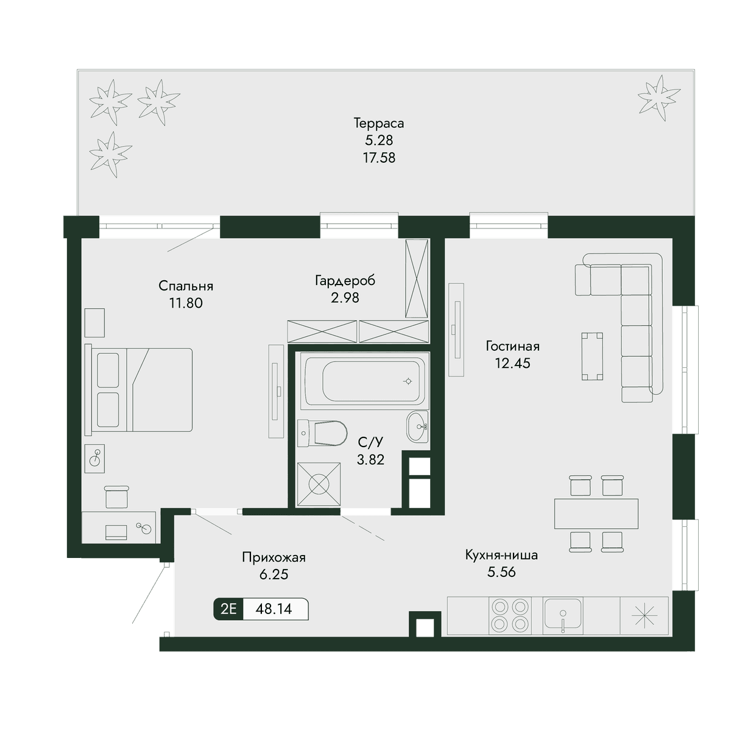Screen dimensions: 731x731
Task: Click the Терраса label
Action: pyautogui.click(x=378, y=123)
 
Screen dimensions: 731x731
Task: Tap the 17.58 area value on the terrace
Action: pyautogui.click(x=379, y=157)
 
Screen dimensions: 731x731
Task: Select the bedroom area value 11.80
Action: pyautogui.click(x=186, y=303)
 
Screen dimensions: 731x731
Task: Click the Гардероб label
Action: pyautogui.click(x=345, y=281)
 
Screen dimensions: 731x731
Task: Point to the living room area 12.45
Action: pyautogui.click(x=512, y=363)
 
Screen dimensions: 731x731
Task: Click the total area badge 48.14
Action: pyautogui.click(x=274, y=609)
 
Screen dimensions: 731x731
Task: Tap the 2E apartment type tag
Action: pyautogui.click(x=228, y=609)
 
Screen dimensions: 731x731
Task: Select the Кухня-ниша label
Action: pyautogui.click(x=501, y=556)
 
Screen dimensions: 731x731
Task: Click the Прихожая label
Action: pyautogui.click(x=274, y=557)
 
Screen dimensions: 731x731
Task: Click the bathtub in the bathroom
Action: pyautogui.click(x=364, y=381)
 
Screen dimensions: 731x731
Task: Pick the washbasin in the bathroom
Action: pyautogui.click(x=418, y=426)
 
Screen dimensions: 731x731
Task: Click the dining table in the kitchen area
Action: pyautogui.click(x=596, y=514)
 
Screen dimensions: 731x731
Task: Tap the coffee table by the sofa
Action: pyautogui.click(x=592, y=356)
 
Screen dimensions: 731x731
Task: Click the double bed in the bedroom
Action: pyautogui.click(x=138, y=390)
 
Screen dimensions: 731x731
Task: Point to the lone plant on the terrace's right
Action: pyautogui.click(x=659, y=98)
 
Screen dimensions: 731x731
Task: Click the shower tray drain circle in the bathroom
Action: pyautogui.click(x=319, y=484)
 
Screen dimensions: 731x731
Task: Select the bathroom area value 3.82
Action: pyautogui.click(x=370, y=459)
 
